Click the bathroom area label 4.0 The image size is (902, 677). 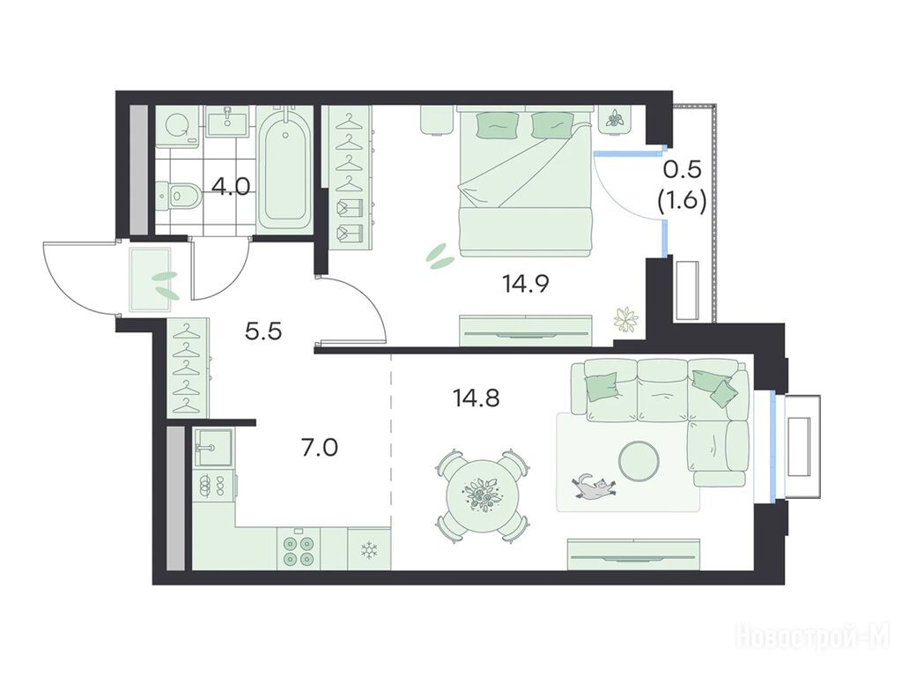point(231,187)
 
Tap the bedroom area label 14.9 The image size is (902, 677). point(526,283)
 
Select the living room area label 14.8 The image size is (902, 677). point(476,398)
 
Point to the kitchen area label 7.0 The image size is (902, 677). point(320,447)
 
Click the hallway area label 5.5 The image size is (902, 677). point(262,331)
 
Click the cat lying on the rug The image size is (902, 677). point(595,487)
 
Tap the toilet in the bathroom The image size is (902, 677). point(179,195)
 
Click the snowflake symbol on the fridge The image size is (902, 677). point(367,550)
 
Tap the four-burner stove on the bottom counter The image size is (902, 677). point(299,550)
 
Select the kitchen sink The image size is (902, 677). point(213,447)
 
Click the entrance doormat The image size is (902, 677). point(150,279)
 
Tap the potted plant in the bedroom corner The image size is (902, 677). point(626,319)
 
